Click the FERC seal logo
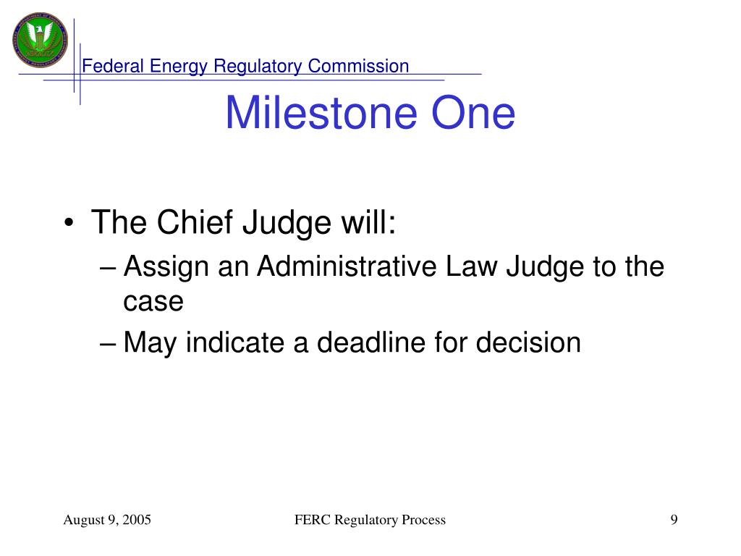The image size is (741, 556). tap(41, 40)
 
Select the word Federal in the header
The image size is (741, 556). tap(112, 66)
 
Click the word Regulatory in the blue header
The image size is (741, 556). tap(258, 66)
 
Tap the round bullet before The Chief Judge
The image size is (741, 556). tap(69, 223)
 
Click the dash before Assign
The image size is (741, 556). tap(108, 268)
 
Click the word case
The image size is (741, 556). tap(153, 302)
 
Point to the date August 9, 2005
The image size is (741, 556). tap(107, 520)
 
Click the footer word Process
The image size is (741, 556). tap(423, 520)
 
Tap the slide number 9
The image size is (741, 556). tap(674, 520)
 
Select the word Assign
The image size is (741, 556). tap(166, 267)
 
